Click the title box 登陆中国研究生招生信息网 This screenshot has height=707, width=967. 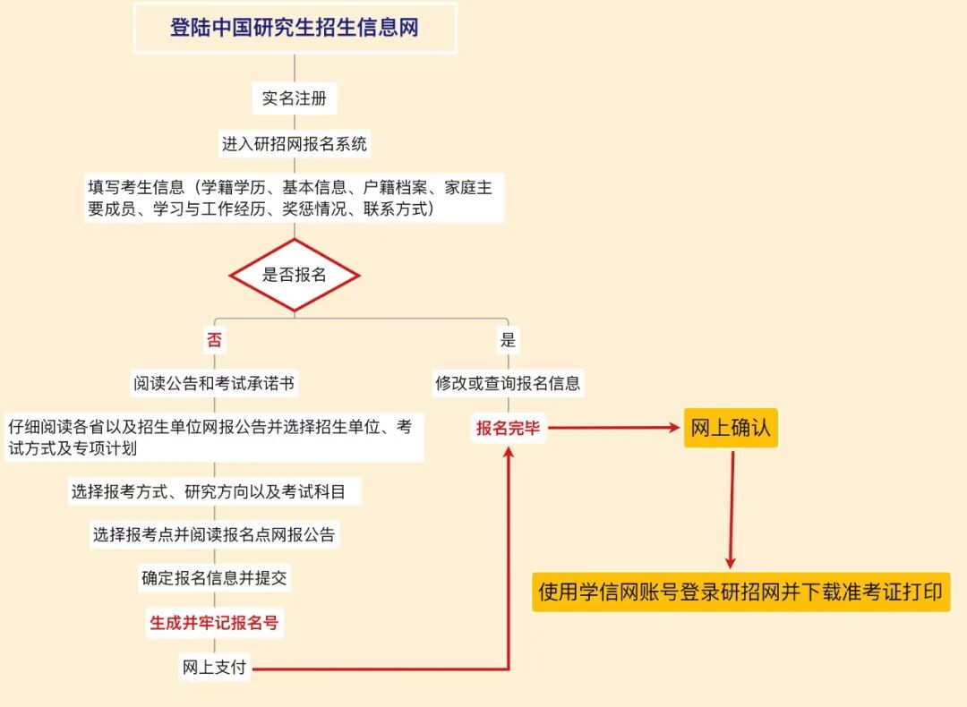pyautogui.click(x=295, y=28)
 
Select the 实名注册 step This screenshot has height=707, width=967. pyautogui.click(x=295, y=98)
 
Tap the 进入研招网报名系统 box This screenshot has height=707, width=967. pyautogui.click(x=295, y=143)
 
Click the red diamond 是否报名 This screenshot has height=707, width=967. pyautogui.click(x=295, y=275)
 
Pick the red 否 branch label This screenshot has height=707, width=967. pyautogui.click(x=214, y=340)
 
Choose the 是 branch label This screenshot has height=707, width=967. pyautogui.click(x=508, y=340)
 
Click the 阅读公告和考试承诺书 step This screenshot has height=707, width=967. pyautogui.click(x=215, y=384)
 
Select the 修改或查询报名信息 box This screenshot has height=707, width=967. pyautogui.click(x=508, y=384)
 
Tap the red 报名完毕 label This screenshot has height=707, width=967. pyautogui.click(x=508, y=429)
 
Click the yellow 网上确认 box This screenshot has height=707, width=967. pyautogui.click(x=731, y=429)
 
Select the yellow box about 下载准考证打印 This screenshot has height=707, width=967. pyautogui.click(x=740, y=592)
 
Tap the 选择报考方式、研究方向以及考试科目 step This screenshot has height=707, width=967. pyautogui.click(x=215, y=491)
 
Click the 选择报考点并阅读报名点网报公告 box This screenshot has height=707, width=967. pyautogui.click(x=215, y=535)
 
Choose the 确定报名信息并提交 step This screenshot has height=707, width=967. pyautogui.click(x=215, y=578)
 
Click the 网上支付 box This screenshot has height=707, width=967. pyautogui.click(x=215, y=668)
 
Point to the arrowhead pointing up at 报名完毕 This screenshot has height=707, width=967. pyautogui.click(x=509, y=452)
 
